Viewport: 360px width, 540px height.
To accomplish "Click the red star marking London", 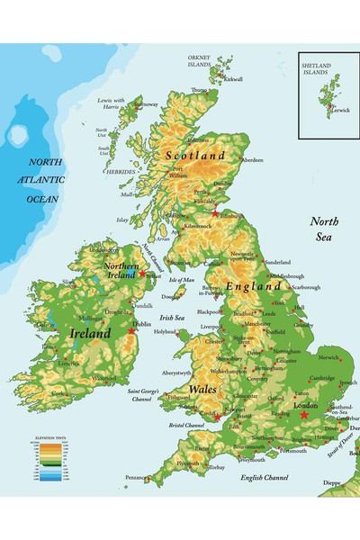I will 303,415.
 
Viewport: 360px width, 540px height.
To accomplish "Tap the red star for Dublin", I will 131,331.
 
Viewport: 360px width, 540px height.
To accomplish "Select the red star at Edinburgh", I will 215,212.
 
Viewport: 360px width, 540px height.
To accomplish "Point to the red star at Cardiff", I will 215,417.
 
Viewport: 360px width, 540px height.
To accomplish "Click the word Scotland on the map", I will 195,156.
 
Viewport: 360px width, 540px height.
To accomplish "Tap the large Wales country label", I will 202,389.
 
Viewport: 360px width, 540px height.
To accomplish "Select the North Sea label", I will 327,229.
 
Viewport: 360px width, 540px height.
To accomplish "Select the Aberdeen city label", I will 252,160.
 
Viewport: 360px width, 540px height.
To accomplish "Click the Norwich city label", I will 328,356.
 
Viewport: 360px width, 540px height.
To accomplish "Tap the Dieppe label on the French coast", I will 331,482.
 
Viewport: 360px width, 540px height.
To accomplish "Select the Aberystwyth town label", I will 176,372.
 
